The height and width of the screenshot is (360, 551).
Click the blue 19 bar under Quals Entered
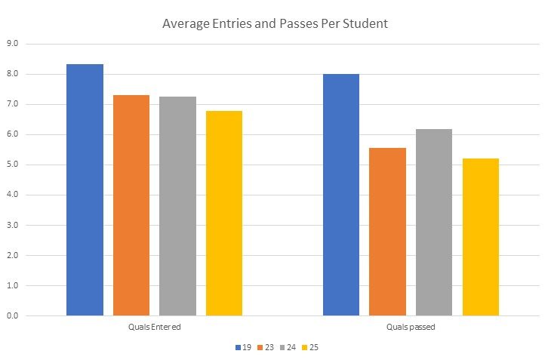pos(85,189)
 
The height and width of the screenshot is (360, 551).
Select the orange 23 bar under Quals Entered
pos(131,205)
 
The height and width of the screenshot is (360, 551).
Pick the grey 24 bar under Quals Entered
pos(177,206)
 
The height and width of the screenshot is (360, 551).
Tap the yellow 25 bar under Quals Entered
pos(224,213)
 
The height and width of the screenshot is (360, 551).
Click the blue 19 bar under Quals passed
pos(341,195)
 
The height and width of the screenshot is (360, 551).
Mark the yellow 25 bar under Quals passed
pos(481,237)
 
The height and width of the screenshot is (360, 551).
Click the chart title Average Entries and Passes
pos(275,23)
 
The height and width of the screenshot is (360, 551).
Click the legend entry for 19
pos(242,347)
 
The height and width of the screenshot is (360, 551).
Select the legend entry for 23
pos(266,347)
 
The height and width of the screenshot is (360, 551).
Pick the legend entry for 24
pos(289,347)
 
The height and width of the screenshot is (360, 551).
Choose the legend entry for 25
pos(312,347)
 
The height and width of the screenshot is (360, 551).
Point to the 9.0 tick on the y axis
pos(13,44)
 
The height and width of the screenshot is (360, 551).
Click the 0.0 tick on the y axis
pos(13,315)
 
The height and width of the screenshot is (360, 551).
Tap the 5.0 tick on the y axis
pos(13,165)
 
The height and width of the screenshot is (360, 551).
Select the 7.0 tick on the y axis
pos(13,104)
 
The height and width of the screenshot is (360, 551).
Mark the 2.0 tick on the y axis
pos(13,255)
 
